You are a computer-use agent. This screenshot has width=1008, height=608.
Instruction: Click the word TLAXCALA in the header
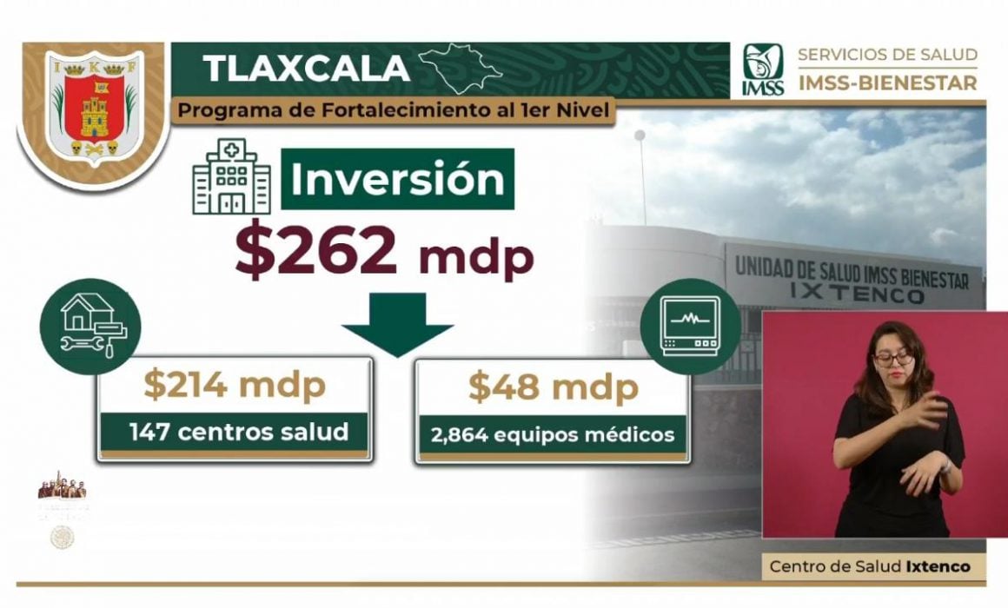point(305,69)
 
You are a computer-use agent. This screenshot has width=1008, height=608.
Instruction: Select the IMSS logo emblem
point(762,69)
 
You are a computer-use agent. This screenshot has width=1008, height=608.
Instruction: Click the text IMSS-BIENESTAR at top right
point(887,83)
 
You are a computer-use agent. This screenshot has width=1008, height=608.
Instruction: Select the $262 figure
point(316,252)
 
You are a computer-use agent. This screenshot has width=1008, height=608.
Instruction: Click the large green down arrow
point(396,324)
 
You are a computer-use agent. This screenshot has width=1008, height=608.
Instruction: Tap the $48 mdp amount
point(553,387)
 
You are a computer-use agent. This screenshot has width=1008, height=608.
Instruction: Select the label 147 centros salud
point(238,432)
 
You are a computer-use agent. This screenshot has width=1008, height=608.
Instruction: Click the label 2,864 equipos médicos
point(553,433)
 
